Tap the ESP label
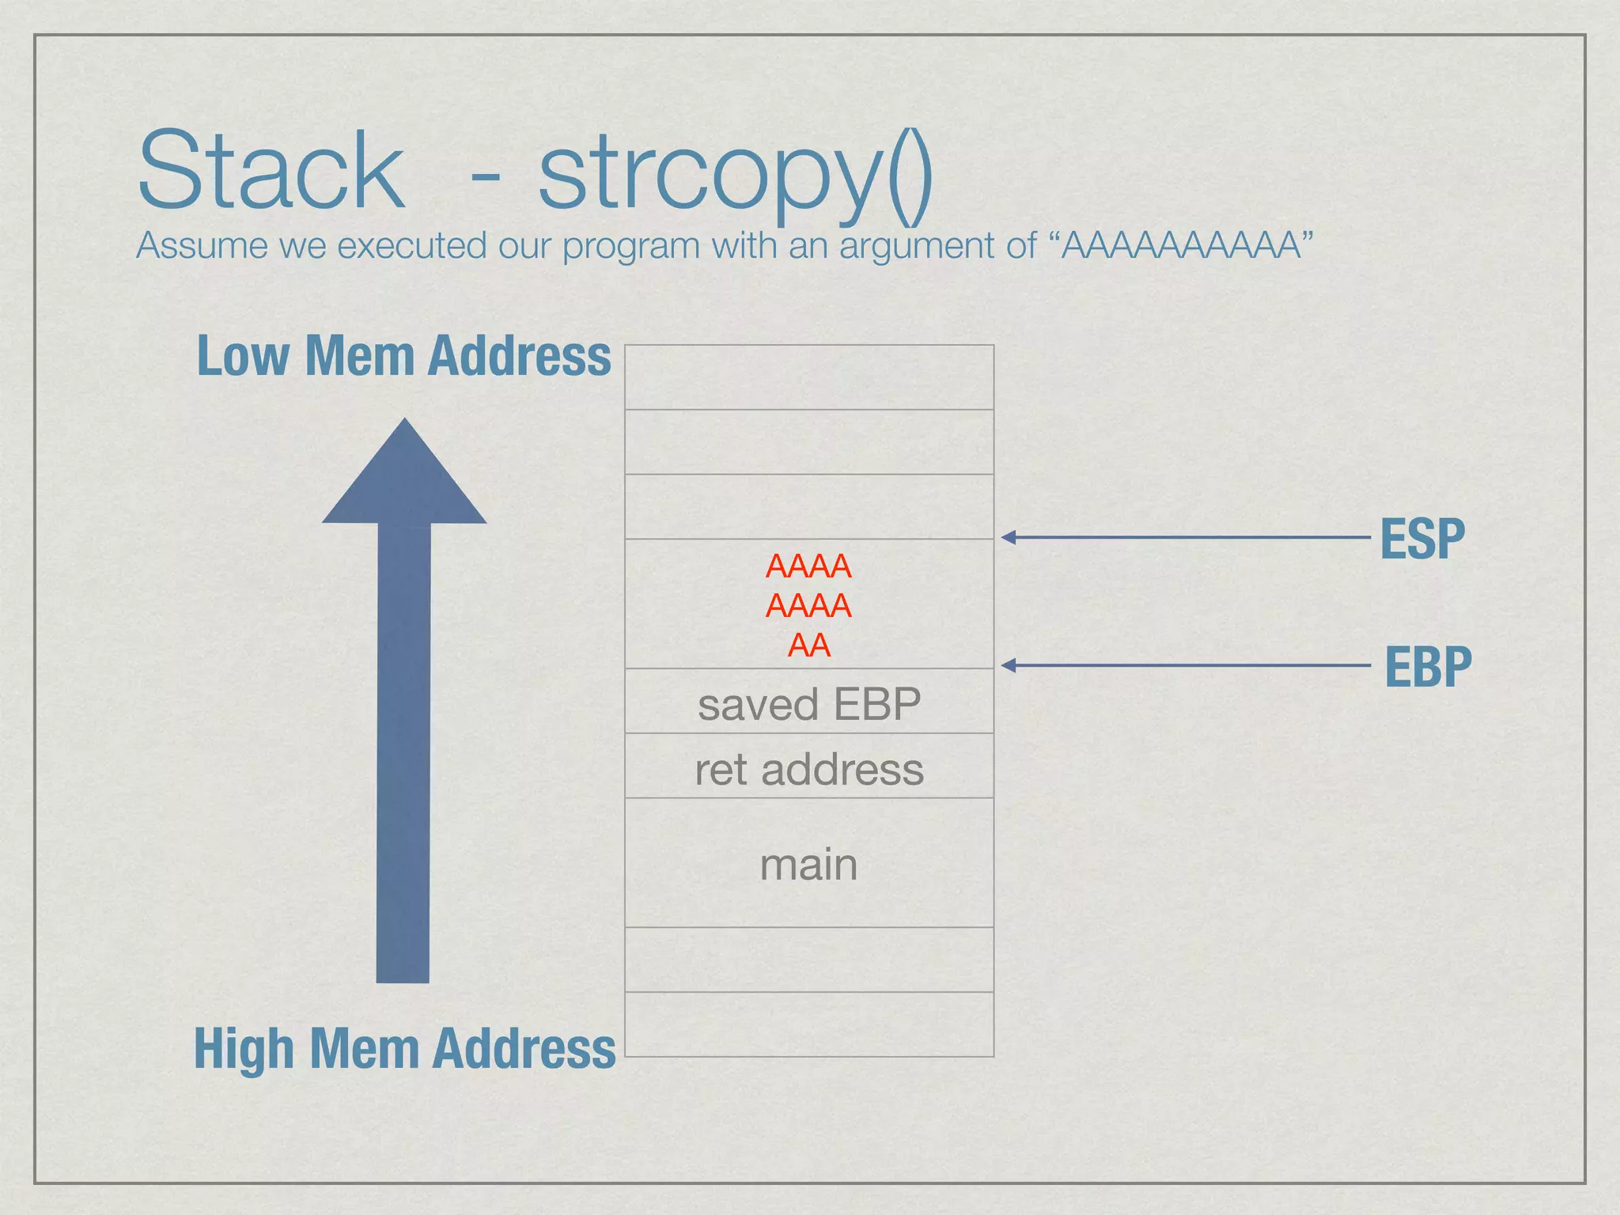click(1422, 539)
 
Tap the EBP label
click(1428, 667)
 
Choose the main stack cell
click(809, 864)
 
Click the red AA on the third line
click(809, 645)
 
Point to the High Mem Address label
click(404, 1048)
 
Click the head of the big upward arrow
click(404, 475)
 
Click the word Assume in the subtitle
click(202, 245)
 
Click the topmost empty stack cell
click(809, 377)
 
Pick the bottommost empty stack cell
click(809, 1024)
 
